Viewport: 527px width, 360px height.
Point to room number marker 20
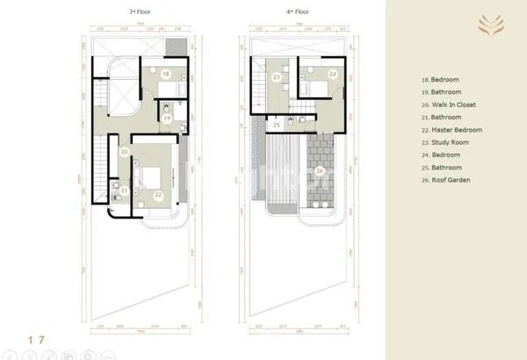[126, 152]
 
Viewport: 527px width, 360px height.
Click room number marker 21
[125, 191]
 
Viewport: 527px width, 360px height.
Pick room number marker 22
[159, 195]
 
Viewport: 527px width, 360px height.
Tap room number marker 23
[277, 78]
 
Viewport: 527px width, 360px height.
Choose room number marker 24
[333, 75]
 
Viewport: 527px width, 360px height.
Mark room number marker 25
[277, 126]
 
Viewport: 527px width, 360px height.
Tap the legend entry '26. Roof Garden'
[446, 180]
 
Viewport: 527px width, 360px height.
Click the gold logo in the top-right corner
[484, 25]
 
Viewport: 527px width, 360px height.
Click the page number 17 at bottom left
[36, 337]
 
